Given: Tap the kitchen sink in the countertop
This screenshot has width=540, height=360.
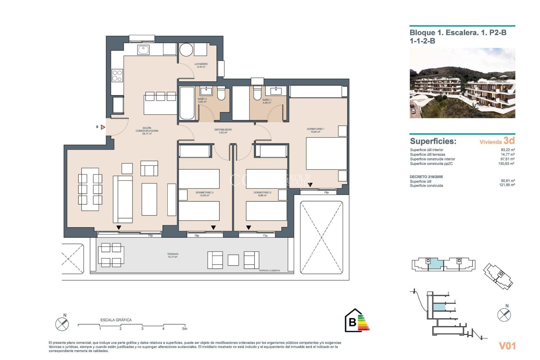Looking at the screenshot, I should coord(143,50).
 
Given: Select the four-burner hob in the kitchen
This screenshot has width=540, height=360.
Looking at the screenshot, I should coord(117,76).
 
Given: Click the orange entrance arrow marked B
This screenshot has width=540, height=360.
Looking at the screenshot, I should coord(103,127).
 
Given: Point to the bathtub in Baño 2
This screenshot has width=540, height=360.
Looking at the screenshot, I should coord(187,103).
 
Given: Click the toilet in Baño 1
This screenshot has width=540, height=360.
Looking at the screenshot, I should coord(257,93).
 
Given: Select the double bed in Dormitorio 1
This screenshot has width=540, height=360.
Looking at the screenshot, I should coord(326,153).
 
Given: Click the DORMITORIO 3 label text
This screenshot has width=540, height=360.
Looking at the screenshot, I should coord(204,193).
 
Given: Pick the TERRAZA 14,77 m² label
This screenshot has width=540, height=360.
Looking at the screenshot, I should coord(173,255).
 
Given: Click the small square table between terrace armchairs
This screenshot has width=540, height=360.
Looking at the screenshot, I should coord(233,260).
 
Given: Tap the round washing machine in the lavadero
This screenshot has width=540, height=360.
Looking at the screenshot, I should coord(186,50).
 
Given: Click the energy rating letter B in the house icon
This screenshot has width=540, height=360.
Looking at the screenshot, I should coord(352,322).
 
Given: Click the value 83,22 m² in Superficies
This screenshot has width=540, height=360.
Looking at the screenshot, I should coord(508,150).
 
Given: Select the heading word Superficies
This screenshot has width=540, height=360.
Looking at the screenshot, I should coord(433,141).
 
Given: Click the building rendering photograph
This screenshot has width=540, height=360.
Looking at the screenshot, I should coord(462,83).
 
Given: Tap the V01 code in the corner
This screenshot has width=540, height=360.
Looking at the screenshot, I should coord(507,346).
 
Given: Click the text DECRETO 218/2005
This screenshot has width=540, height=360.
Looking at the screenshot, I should coord(426,177).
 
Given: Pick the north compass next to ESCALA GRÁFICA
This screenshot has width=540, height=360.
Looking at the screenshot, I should coord(62,324).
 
